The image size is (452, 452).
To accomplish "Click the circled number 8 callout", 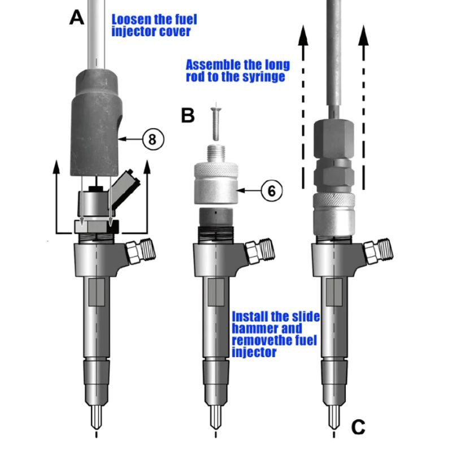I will tap(154, 137).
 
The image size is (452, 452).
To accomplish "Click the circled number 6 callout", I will tap(271, 192).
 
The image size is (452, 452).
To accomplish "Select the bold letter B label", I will tap(188, 116).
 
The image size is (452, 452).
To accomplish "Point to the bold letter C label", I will tap(358, 428).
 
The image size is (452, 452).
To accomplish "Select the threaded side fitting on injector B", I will tap(257, 251).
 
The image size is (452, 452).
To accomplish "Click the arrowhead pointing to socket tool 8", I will tap(123, 137).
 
